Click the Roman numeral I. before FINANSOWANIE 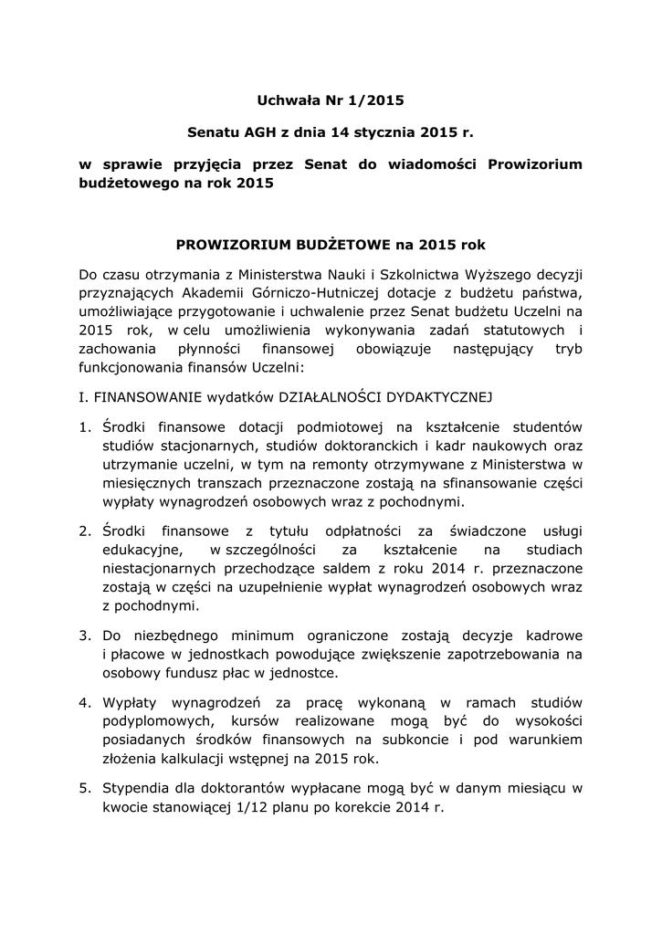point(84,397)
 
